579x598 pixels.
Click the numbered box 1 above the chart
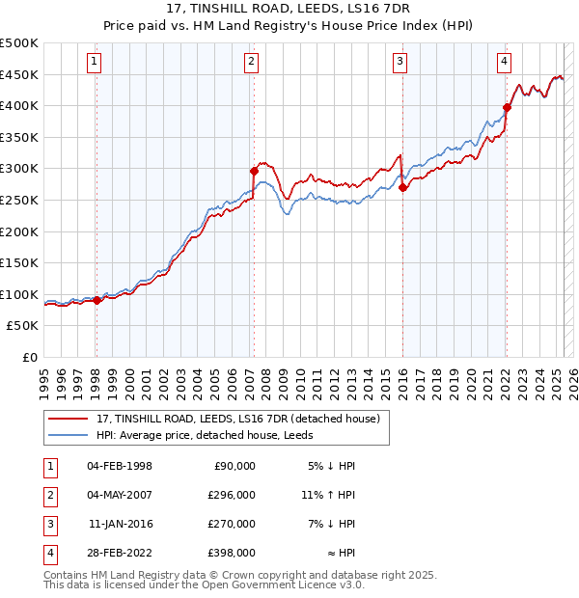tap(95, 63)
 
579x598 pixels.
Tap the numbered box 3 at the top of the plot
tap(400, 63)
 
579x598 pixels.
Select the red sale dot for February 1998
tap(96, 300)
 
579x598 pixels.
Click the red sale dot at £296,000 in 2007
tap(254, 171)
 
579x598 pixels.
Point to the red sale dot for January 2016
tap(402, 188)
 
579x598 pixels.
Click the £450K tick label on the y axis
tap(19, 74)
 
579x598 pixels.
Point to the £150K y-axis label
tap(19, 262)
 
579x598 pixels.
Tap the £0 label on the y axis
tap(28, 357)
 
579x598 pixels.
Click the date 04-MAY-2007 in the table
tap(120, 495)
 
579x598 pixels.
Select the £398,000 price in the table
tap(233, 553)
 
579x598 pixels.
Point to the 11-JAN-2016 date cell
tap(120, 524)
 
